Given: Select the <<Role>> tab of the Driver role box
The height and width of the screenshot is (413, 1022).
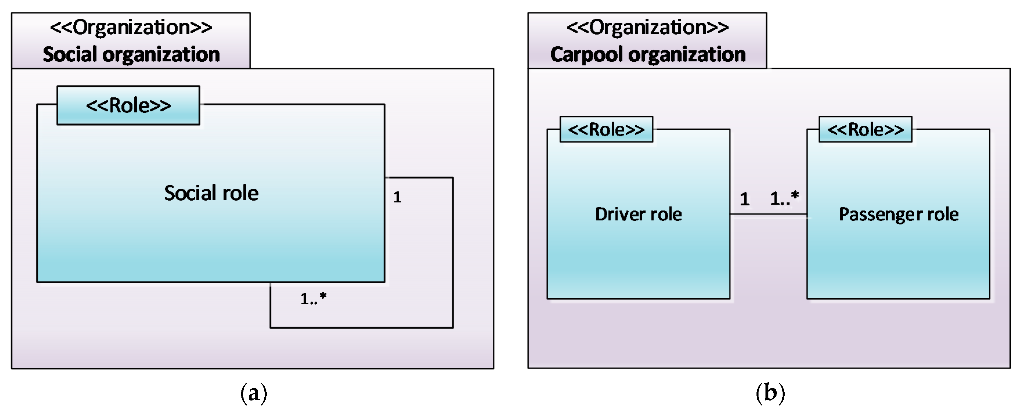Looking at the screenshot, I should click(606, 129).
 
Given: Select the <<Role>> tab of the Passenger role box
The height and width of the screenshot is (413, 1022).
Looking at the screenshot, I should click(865, 129).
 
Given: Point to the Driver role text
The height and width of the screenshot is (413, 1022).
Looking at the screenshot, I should click(638, 214).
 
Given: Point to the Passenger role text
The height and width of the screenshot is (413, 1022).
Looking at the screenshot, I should click(899, 214).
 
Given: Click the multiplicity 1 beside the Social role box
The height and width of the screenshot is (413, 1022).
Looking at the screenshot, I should click(397, 197).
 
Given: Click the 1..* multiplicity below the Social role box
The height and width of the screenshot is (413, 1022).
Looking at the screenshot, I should click(313, 298).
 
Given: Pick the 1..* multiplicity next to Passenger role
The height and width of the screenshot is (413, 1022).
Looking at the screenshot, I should click(784, 198).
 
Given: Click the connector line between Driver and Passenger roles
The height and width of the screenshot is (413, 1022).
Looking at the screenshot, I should click(768, 214).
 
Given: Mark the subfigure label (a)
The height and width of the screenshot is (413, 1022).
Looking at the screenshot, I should click(254, 393).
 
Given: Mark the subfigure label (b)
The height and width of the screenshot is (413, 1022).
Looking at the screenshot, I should click(770, 393).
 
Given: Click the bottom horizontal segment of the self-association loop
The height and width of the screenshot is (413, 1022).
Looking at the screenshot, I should click(361, 328).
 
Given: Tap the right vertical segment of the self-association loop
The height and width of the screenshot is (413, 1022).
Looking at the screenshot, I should click(453, 254).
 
